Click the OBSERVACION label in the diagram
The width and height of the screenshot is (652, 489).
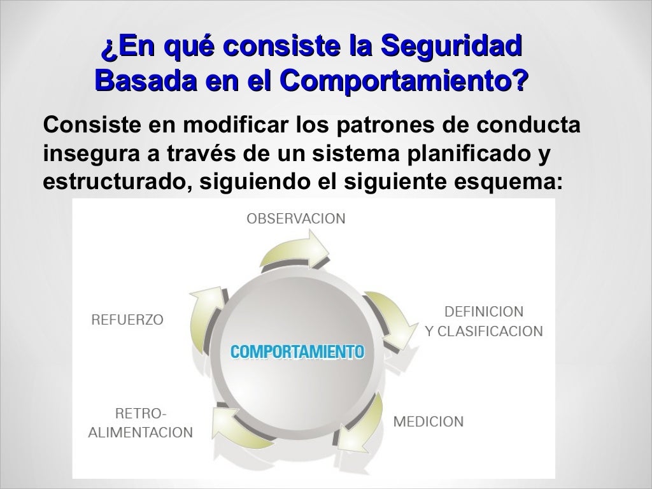pos(296,219)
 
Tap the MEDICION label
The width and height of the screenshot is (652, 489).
pos(428,422)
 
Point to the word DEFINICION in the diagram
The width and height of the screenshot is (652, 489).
pos(484,312)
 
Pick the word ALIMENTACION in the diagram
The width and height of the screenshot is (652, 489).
pos(139,433)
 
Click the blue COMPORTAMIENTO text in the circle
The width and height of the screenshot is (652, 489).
pos(297,351)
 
